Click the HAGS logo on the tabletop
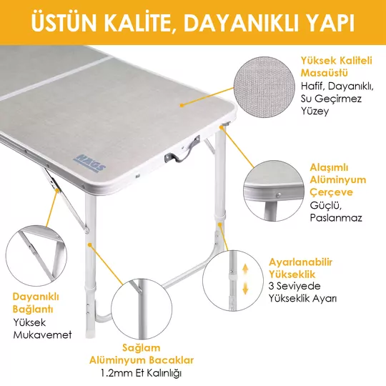pyautogui.click(x=89, y=164)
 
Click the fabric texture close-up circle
pyautogui.click(x=264, y=87)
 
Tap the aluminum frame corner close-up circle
pyautogui.click(x=274, y=191)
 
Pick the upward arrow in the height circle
pyautogui.click(x=245, y=269)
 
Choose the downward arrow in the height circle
pyautogui.click(x=245, y=288)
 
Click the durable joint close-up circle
pyautogui.click(x=36, y=255)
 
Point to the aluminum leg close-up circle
pyautogui.click(x=142, y=309)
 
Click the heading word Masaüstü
pyautogui.click(x=325, y=73)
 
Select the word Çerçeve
pyautogui.click(x=331, y=192)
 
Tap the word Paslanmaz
pyautogui.click(x=336, y=217)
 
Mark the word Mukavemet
pyautogui.click(x=42, y=335)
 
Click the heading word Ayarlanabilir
pyautogui.click(x=300, y=262)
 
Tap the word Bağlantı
pyautogui.click(x=33, y=310)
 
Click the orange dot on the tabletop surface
pyautogui.click(x=182, y=105)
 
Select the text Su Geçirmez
pyautogui.click(x=331, y=99)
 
